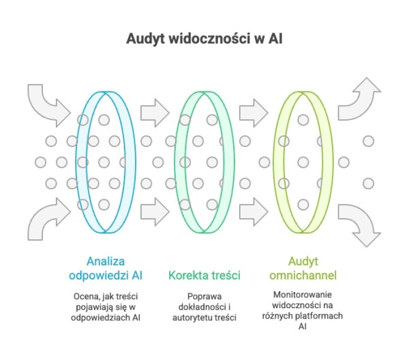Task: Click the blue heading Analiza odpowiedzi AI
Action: (x=104, y=268)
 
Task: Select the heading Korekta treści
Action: (x=202, y=275)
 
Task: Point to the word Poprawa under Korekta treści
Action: (x=202, y=296)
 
